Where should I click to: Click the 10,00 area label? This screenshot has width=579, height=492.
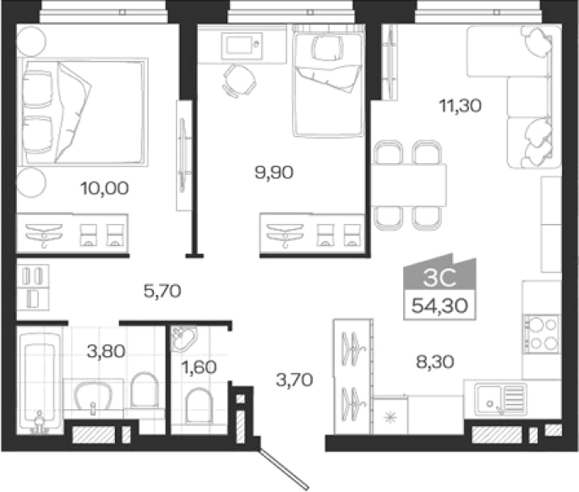(x=105, y=189)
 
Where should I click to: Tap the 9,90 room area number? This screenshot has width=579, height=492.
(x=274, y=172)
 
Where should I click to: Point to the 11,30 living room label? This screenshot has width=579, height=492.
(x=460, y=106)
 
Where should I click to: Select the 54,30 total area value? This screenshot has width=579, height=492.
(x=440, y=305)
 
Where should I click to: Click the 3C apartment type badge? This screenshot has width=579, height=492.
(x=440, y=278)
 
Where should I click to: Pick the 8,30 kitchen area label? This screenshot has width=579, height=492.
(x=435, y=362)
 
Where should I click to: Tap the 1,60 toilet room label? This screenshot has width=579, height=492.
(x=199, y=367)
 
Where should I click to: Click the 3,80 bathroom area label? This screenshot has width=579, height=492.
(x=106, y=351)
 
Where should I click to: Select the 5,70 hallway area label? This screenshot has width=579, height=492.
(x=162, y=291)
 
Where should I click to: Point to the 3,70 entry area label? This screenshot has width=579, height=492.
(x=294, y=380)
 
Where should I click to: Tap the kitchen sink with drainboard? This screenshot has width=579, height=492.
(x=501, y=399)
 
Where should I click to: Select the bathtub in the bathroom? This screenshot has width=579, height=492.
(x=40, y=382)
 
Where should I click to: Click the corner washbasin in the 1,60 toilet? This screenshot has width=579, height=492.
(x=183, y=339)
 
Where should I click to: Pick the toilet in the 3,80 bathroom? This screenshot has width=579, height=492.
(x=145, y=390)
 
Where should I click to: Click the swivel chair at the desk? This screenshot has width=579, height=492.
(x=239, y=80)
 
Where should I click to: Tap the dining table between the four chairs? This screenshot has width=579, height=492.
(x=409, y=184)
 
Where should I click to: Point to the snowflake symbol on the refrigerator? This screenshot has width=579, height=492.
(x=391, y=418)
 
